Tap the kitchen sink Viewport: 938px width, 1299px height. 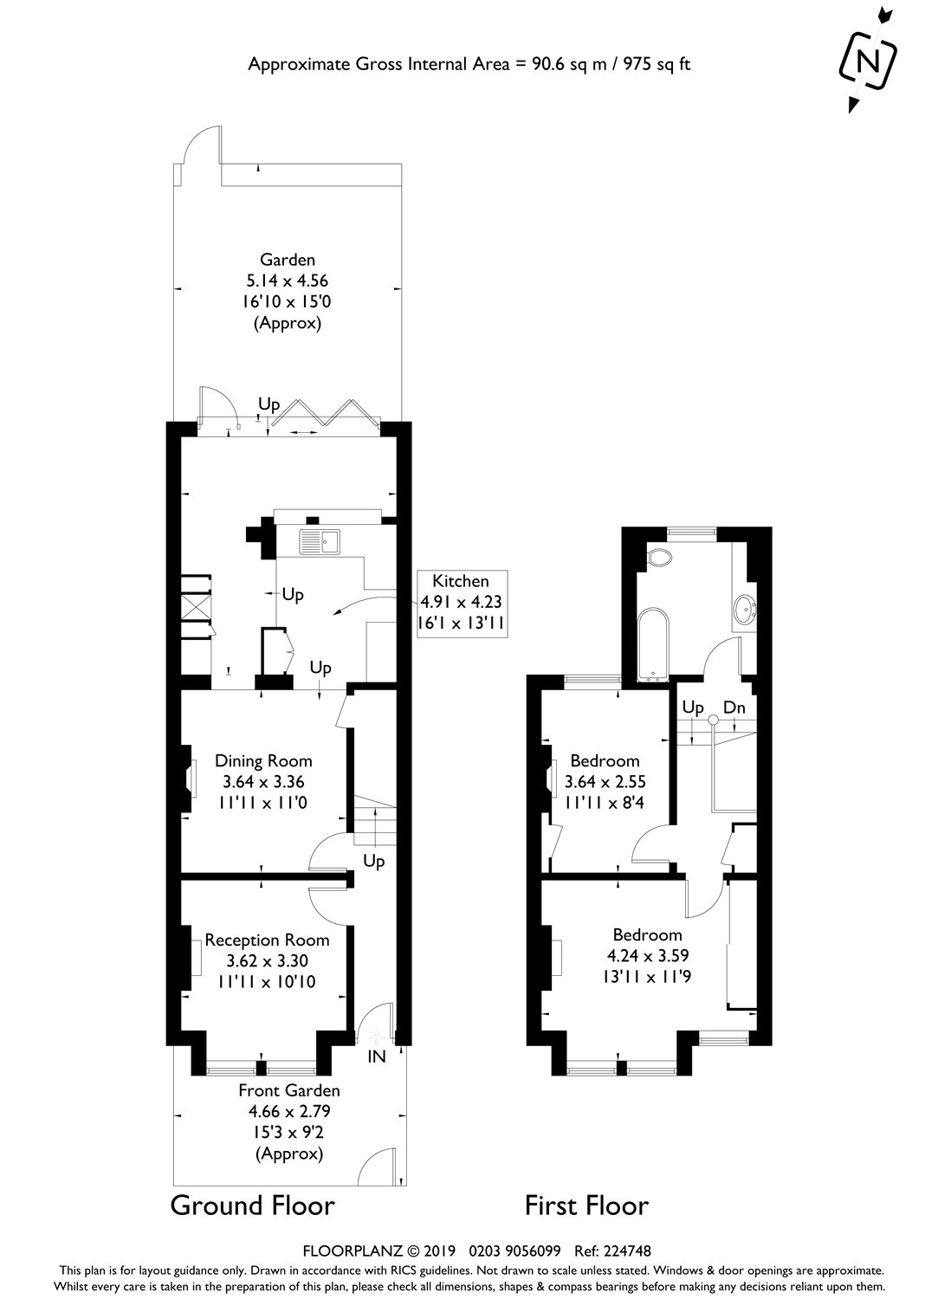(x=321, y=542)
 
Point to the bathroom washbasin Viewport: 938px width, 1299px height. (x=744, y=611)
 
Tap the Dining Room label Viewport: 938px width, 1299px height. (x=263, y=761)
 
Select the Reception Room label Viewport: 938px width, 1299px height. (x=267, y=940)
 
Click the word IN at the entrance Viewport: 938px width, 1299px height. (x=377, y=1057)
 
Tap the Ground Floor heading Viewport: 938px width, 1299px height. (x=252, y=1205)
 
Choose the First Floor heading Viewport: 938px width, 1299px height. (x=586, y=1205)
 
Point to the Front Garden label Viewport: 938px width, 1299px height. (x=289, y=1090)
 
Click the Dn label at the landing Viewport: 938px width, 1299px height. (x=734, y=708)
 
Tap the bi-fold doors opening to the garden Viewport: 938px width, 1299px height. (x=325, y=414)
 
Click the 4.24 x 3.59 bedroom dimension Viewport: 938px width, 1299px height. (x=646, y=956)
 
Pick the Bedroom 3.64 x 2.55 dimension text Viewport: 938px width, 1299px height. (x=605, y=782)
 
